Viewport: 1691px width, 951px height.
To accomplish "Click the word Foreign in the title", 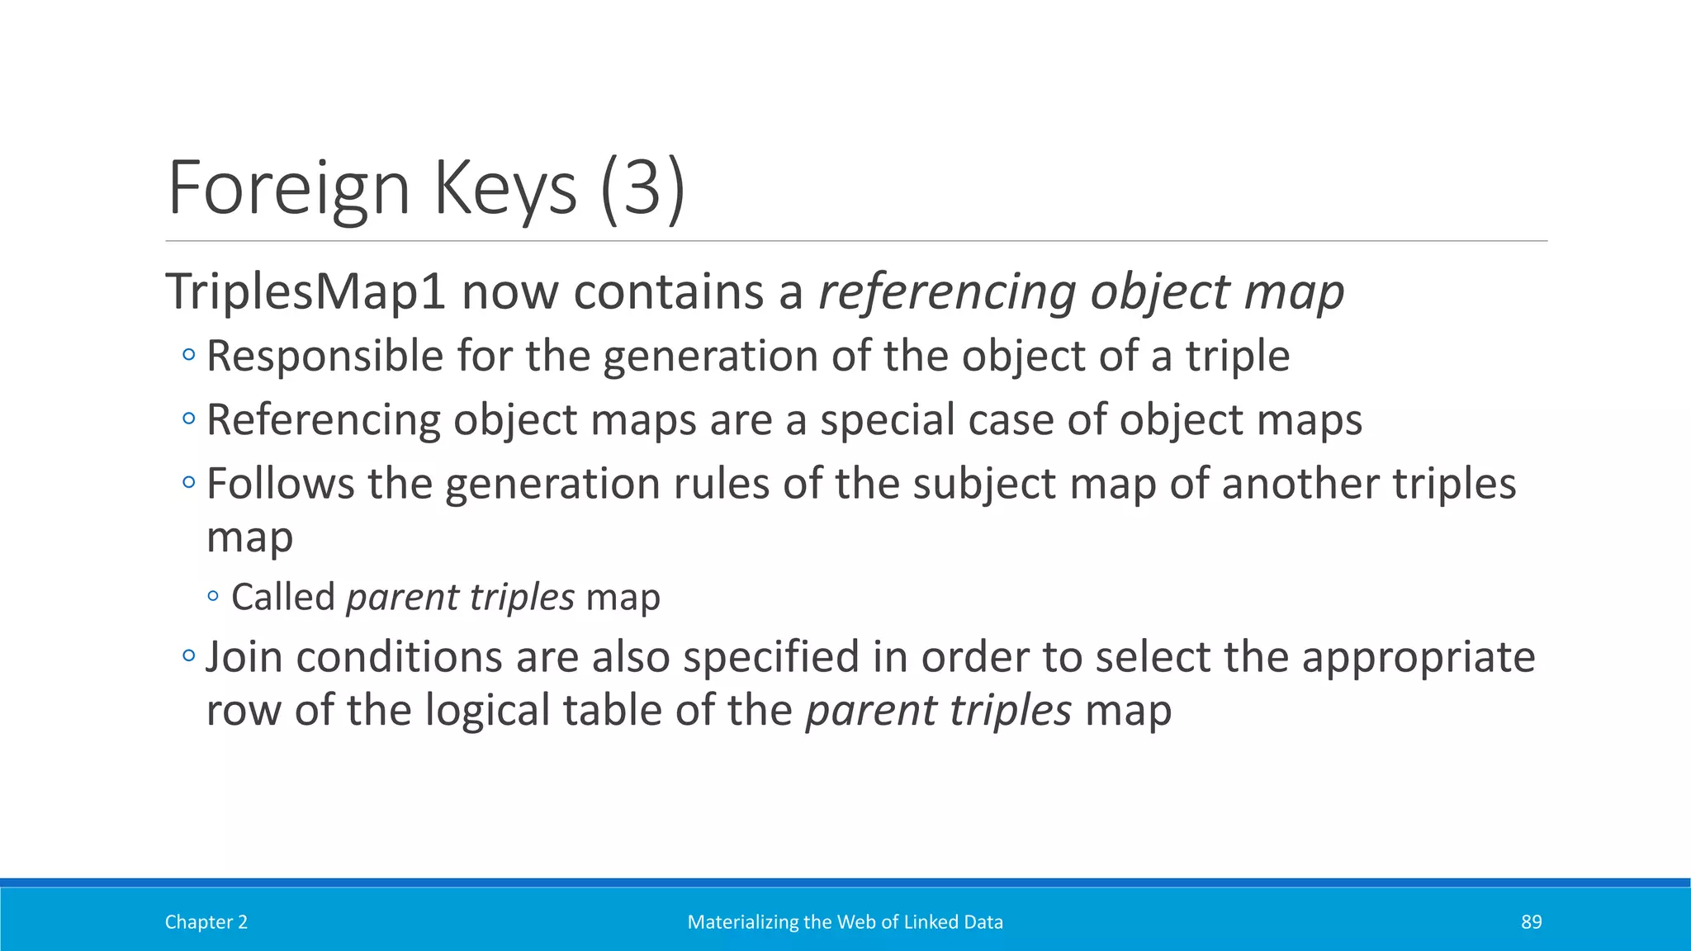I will tap(288, 188).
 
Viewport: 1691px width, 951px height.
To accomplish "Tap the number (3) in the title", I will tap(642, 188).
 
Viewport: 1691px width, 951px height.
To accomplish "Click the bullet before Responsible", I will tap(189, 356).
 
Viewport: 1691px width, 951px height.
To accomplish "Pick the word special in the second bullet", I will tap(886, 419).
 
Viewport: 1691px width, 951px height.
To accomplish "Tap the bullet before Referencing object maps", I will tap(189, 419).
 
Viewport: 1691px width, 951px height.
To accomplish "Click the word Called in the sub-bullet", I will tap(282, 597).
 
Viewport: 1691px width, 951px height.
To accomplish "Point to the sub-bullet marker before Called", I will tap(214, 596).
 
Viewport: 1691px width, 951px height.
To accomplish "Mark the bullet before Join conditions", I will tap(189, 657).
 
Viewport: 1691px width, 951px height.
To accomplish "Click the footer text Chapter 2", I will tap(206, 922).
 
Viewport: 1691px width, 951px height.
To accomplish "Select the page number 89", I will tap(1531, 922).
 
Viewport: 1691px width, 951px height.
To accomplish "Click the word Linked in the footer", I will tap(930, 922).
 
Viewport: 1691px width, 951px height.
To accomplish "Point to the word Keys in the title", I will tap(504, 188).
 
